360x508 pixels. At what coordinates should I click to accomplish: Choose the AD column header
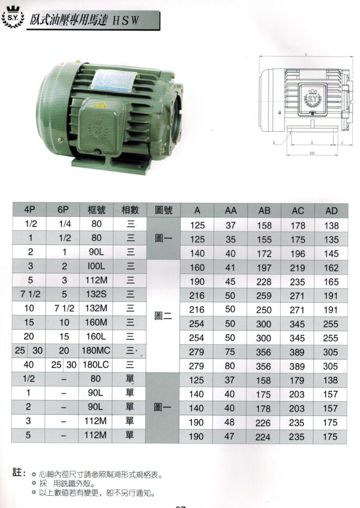coord(331,211)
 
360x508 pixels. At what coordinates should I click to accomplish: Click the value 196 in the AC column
coord(297,253)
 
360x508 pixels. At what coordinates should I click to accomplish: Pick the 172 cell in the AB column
coord(263,253)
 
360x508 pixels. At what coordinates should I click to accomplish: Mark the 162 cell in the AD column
coord(331,267)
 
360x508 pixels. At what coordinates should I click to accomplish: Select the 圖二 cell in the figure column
coord(163,316)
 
